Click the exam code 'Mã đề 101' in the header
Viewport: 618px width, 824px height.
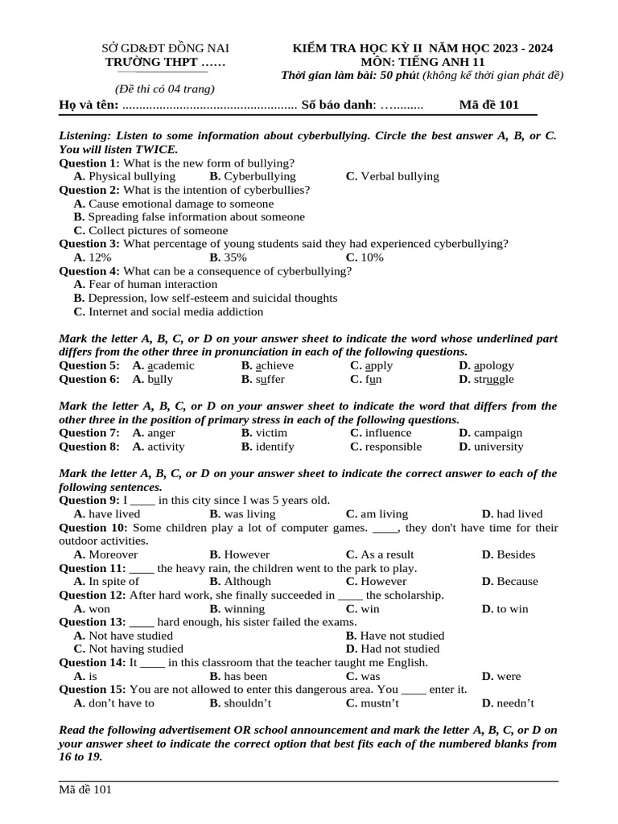tap(488, 105)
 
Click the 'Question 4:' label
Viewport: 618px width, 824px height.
tap(90, 271)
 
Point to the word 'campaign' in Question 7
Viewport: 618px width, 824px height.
tap(491, 433)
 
